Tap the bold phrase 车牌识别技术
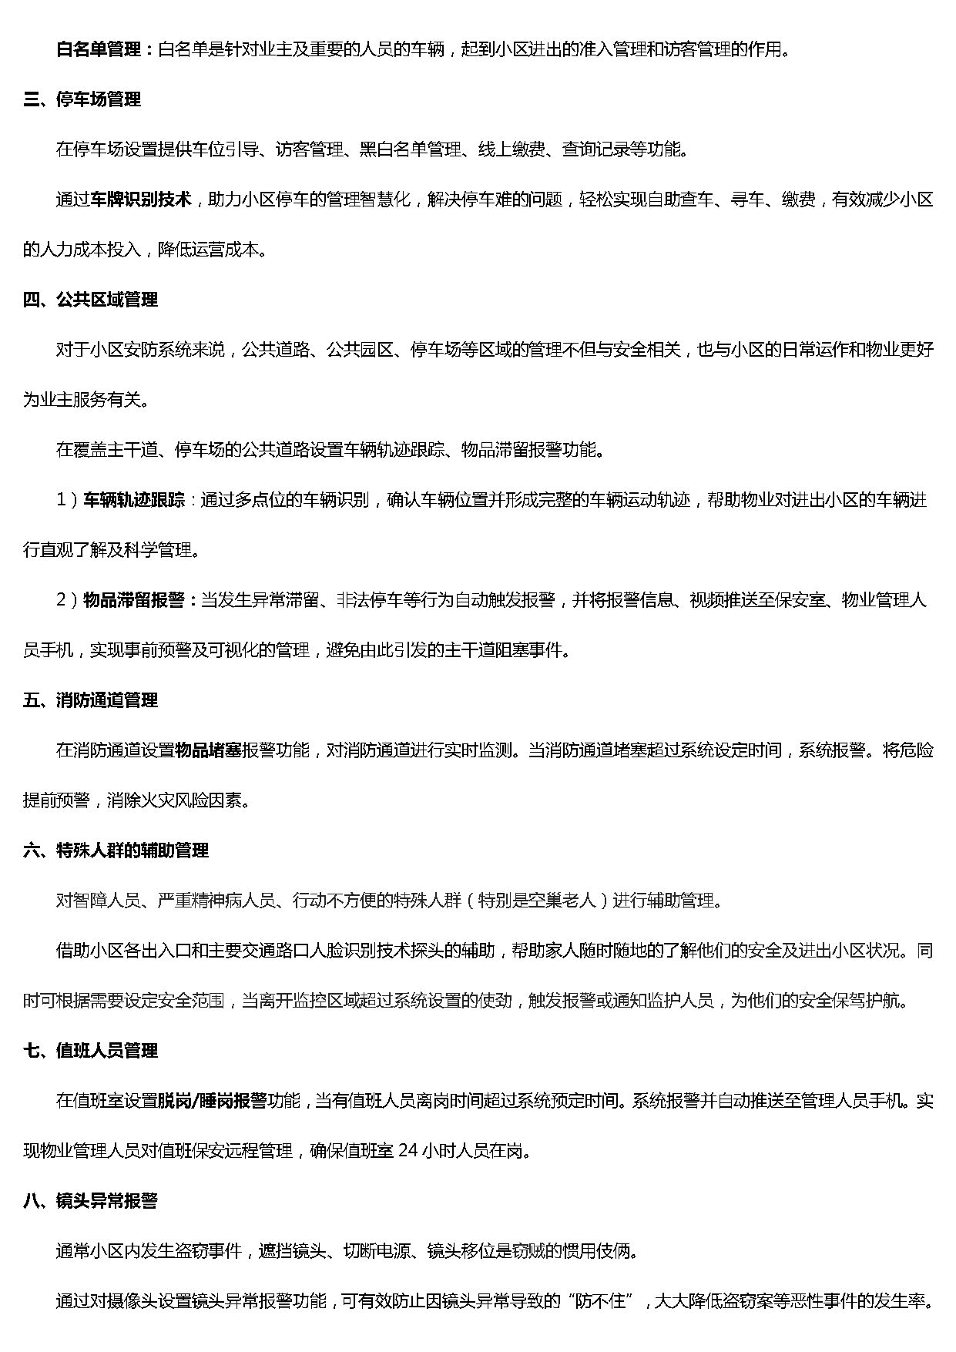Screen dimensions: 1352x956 pos(141,200)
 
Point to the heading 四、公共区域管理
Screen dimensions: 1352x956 pos(90,300)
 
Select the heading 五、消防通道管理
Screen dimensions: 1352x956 pos(90,700)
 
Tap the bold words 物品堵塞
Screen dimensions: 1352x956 pos(209,750)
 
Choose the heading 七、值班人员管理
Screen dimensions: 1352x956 pos(90,1051)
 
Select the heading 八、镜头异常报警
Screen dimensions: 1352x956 pos(90,1200)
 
